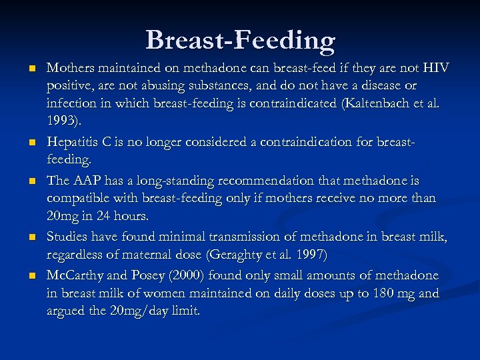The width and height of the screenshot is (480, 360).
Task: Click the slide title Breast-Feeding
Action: tap(240, 40)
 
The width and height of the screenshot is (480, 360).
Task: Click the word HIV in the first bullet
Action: tap(436, 68)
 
